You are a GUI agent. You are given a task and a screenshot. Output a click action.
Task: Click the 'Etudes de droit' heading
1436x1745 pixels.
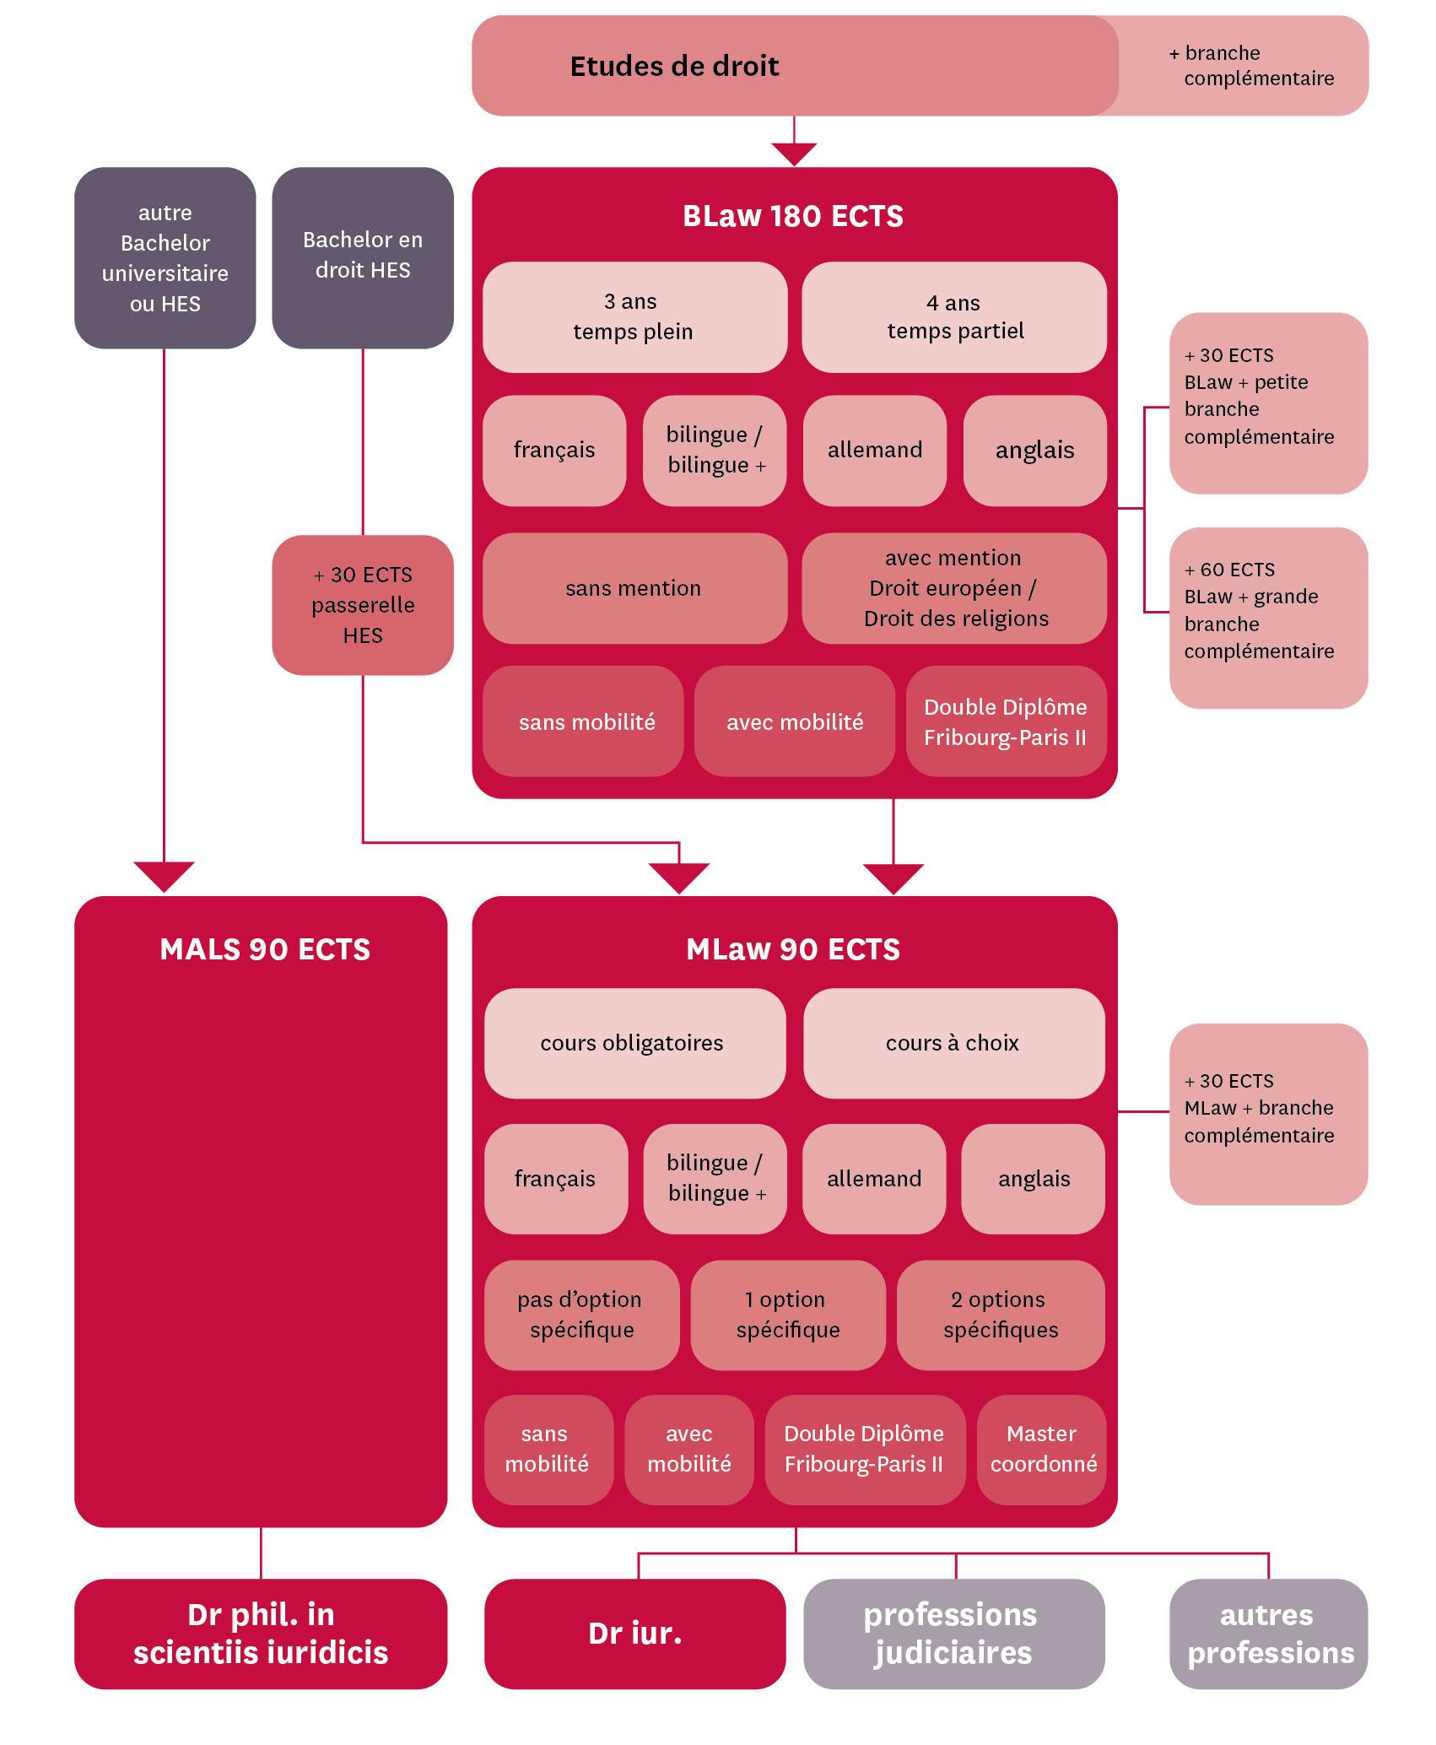[x=674, y=66]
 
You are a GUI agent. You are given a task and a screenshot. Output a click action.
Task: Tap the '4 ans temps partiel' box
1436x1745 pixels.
[x=954, y=316]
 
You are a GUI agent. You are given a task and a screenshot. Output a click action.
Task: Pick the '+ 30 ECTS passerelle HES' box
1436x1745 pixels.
[x=363, y=604]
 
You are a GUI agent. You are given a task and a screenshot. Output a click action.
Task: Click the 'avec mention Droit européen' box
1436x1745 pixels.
[x=954, y=588]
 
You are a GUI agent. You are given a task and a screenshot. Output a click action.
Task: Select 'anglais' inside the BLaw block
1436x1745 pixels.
[x=1034, y=451]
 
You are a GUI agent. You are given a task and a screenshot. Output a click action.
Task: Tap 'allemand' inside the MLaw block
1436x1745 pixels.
[x=873, y=1179]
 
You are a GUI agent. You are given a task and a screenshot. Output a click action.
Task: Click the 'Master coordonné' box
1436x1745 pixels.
[x=1042, y=1449]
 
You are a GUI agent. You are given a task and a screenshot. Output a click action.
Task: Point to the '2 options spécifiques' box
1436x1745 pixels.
[x=1001, y=1315]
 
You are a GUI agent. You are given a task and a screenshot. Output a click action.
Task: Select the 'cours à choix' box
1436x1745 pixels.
[x=953, y=1043]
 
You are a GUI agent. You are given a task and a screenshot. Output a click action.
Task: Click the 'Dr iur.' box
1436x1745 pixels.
[x=634, y=1634]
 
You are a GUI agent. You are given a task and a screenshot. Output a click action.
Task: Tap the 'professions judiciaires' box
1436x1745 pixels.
[x=953, y=1634]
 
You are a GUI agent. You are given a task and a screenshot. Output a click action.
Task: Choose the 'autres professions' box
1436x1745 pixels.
[x=1268, y=1634]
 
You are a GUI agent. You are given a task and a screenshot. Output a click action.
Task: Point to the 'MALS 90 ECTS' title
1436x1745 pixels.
[x=265, y=949]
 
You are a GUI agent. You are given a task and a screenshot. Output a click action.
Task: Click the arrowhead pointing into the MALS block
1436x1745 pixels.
[x=164, y=876]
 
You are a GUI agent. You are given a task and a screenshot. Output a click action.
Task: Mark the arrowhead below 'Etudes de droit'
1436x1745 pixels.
[x=794, y=154]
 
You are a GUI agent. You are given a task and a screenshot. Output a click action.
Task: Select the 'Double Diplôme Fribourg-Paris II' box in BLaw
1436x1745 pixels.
[x=1006, y=721]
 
